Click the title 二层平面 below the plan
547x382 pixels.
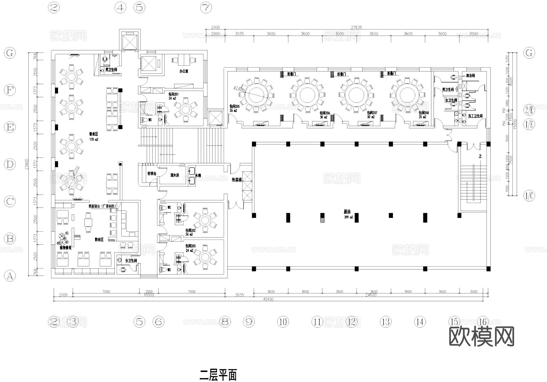tap(218, 375)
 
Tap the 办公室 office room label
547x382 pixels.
tap(184, 71)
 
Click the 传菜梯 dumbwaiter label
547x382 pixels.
tap(237, 180)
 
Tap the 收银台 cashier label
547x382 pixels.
tap(152, 173)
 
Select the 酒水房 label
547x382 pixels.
tap(175, 175)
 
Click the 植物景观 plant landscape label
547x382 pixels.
tap(65, 248)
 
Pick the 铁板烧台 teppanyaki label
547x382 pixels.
tap(102, 206)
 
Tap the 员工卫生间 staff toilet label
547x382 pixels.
tap(475, 116)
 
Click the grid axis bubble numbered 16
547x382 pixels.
tap(483, 322)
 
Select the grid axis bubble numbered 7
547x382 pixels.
tap(206, 7)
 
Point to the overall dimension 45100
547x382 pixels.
tap(268, 299)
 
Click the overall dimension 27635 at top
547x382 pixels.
tap(356, 27)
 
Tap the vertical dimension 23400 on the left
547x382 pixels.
tap(27, 164)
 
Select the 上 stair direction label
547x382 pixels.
tap(480, 156)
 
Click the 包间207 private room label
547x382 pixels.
tap(372, 114)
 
